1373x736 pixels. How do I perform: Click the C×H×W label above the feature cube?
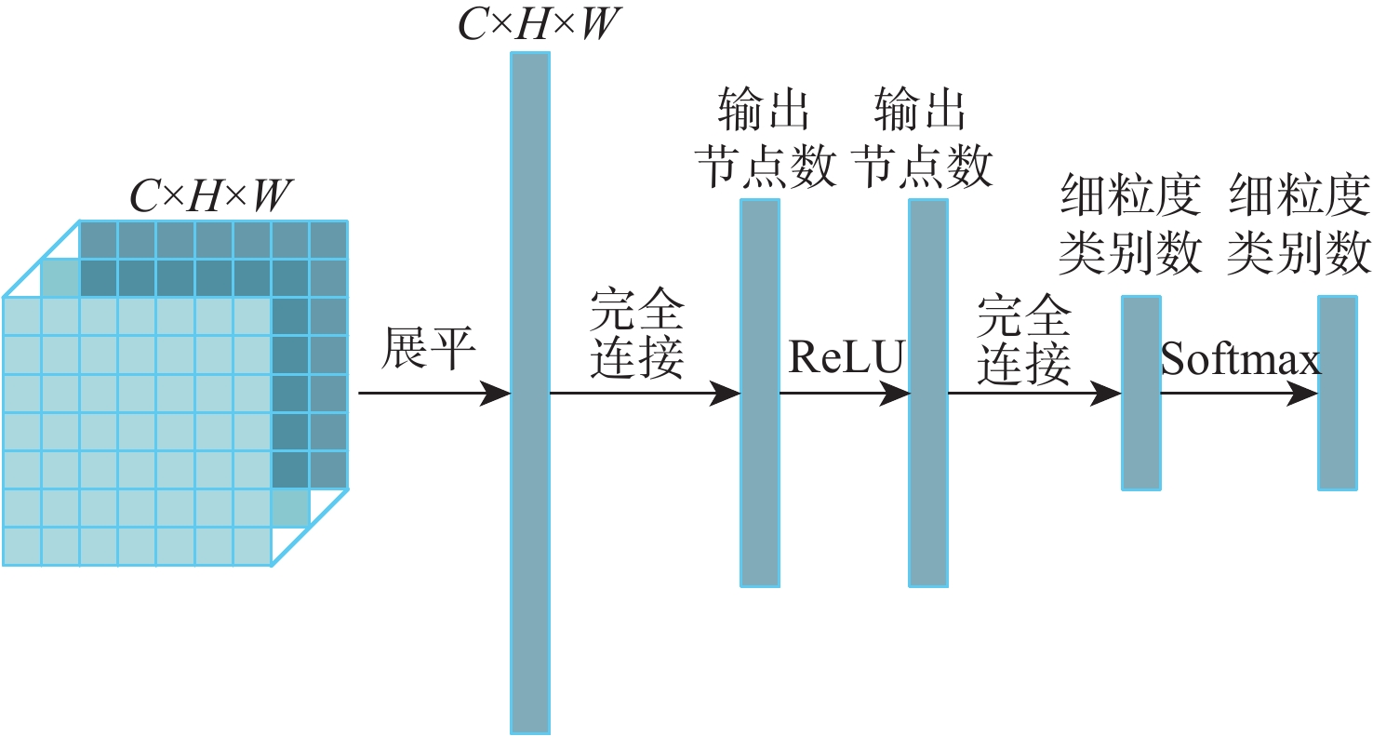(210, 196)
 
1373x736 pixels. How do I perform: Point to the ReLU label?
(846, 357)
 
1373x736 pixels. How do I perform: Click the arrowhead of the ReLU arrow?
(898, 394)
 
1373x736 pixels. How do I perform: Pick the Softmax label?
(1241, 359)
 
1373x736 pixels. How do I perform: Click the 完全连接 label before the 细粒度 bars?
(1024, 341)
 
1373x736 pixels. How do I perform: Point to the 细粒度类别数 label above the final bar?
(1299, 225)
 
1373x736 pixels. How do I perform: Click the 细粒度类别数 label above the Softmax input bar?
(1131, 225)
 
